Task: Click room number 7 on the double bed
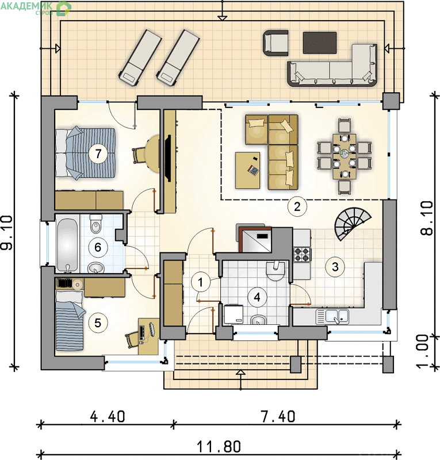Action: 98,153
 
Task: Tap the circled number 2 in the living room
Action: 297,206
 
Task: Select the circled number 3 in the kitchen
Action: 335,267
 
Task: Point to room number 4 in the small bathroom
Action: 257,297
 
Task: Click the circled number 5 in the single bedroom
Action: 98,323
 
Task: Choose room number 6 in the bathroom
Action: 98,247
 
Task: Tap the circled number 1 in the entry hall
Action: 201,282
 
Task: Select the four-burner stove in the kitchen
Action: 302,254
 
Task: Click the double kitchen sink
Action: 332,317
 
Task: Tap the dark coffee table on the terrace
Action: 320,43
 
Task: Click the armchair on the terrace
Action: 276,43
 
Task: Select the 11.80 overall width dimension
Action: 219,447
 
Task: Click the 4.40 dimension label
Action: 108,416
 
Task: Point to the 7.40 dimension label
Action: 278,416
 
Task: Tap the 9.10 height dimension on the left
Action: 7,233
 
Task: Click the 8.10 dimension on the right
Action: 427,218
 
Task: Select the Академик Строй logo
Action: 36,8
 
